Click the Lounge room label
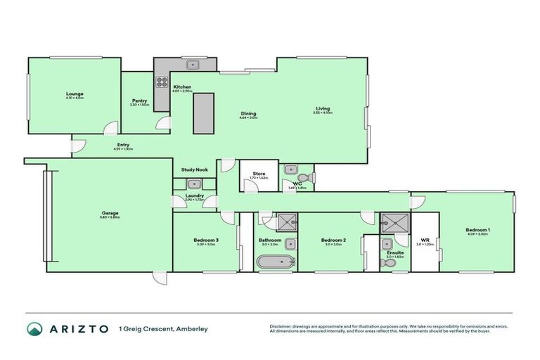coord(75,94)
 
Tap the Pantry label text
coord(139,101)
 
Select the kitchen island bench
coord(202,112)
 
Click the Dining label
coord(248,114)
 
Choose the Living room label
coord(323,109)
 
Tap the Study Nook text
coord(193,169)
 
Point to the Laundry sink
coord(194,185)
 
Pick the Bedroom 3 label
coord(206,240)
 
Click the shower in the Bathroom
coord(285,223)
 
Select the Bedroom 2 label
coord(331,240)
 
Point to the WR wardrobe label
coord(425,240)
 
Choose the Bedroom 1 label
coord(477,230)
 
